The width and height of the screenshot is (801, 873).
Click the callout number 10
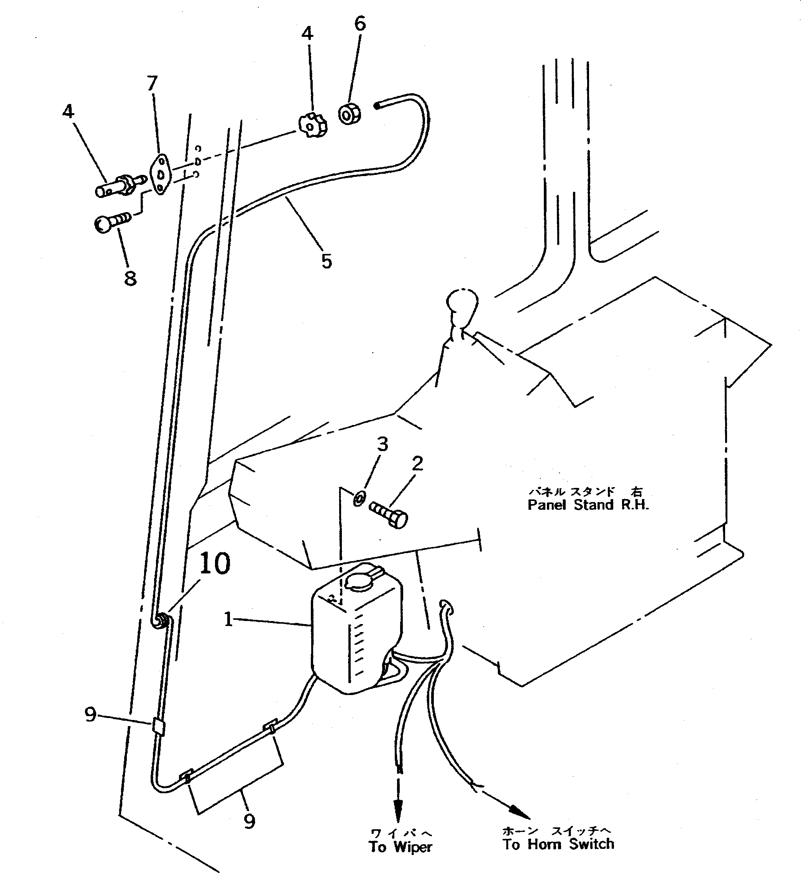click(215, 564)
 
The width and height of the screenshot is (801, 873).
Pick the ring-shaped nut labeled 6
click(350, 114)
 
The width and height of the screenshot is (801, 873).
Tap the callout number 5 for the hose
click(327, 262)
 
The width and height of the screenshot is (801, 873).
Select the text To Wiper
click(400, 847)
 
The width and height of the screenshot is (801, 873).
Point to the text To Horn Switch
click(558, 844)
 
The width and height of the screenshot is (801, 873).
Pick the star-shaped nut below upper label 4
click(312, 125)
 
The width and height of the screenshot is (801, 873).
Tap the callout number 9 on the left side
click(90, 714)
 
